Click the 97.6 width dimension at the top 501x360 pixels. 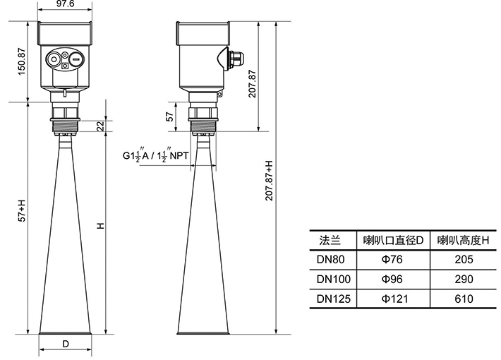coord(65,4)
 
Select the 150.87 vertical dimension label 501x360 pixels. coord(21,61)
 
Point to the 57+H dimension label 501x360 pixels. coord(21,210)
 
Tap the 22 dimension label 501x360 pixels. coord(100,126)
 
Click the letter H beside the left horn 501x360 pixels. coord(101,226)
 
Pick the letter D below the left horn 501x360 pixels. coord(66,344)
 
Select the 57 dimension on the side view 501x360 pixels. coord(170,116)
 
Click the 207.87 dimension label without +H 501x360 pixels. coord(252,84)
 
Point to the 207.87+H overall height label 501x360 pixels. coord(269,181)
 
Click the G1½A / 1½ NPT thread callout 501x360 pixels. coord(156,156)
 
